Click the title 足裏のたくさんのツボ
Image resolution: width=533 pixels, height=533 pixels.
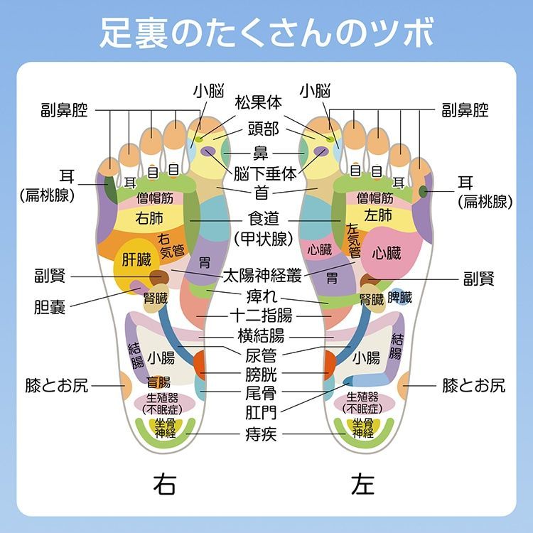click(266, 33)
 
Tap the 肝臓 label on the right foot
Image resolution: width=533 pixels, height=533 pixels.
click(136, 260)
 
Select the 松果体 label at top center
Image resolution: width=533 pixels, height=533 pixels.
click(259, 102)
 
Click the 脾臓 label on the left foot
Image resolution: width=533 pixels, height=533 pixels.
click(399, 297)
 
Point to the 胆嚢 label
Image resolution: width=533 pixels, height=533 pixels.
click(50, 307)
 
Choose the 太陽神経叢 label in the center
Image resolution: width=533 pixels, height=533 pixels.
click(262, 275)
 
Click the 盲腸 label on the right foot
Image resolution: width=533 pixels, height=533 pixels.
click(158, 382)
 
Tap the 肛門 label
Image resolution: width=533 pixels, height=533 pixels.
click(261, 413)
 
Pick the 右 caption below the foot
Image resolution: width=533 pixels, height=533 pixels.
click(165, 484)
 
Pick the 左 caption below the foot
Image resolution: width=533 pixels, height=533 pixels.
click(362, 484)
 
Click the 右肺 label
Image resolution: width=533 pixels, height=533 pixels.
click(149, 218)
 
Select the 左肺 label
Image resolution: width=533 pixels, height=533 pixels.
click(378, 215)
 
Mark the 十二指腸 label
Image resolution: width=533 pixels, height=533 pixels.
click(261, 316)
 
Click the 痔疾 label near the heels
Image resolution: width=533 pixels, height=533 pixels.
click(261, 434)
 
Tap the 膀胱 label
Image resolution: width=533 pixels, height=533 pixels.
click(261, 375)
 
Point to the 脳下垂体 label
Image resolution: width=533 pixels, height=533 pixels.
click(265, 174)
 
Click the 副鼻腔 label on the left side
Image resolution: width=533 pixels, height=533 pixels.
click(64, 110)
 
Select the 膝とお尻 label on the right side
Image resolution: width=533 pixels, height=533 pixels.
click(473, 385)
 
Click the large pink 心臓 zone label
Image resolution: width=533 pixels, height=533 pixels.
click(387, 253)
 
